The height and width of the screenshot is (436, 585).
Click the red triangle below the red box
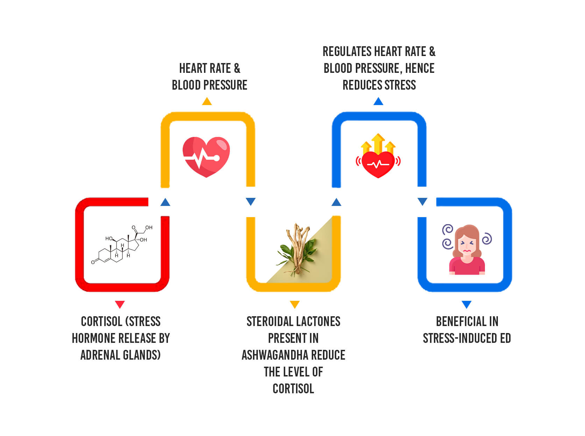coord(120,304)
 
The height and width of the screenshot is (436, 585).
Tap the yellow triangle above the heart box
coord(207,102)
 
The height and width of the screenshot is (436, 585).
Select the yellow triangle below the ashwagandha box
coord(295,304)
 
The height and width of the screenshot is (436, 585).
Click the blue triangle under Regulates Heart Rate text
coord(378,102)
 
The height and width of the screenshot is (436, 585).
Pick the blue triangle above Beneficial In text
coord(466,304)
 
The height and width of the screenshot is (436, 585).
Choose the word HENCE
coord(420,68)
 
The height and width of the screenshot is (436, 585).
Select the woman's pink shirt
coord(467,266)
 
